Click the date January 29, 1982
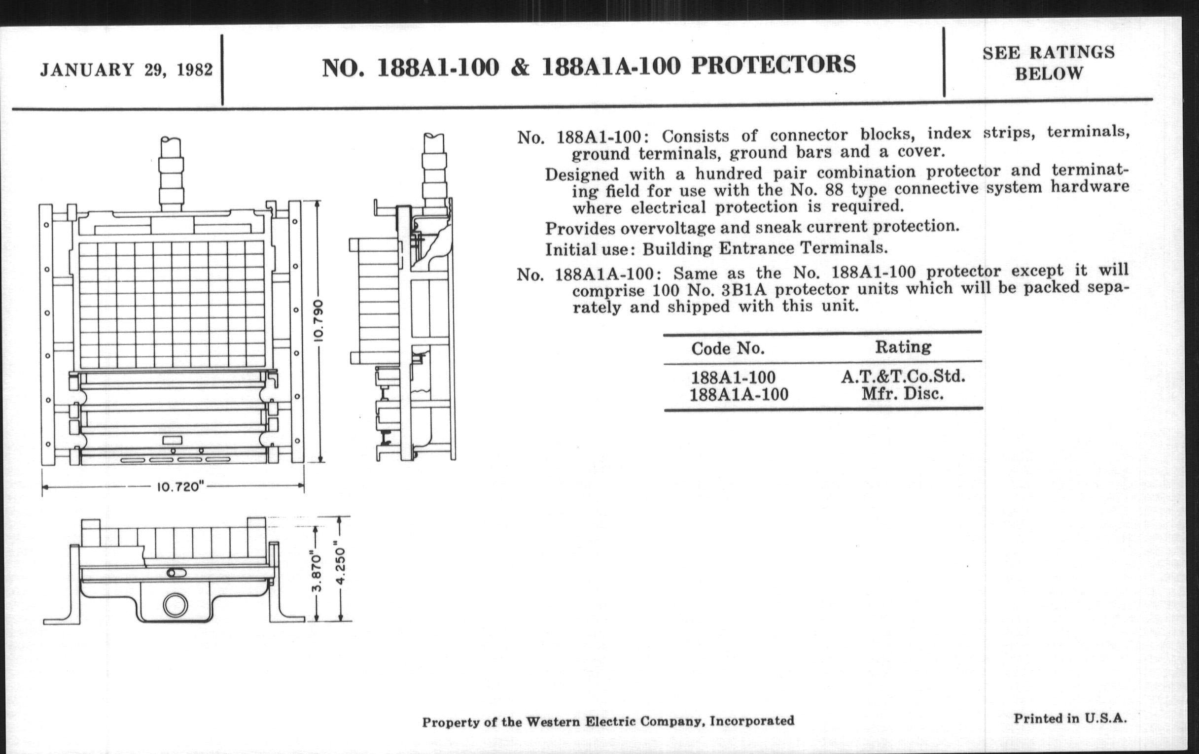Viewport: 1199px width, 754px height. tap(127, 69)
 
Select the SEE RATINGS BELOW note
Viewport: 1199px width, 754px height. tap(1049, 63)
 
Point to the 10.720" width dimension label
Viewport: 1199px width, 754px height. tap(178, 487)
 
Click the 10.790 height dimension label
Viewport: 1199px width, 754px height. tap(319, 320)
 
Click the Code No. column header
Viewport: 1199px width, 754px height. tap(728, 348)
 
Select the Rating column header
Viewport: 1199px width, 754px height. tap(903, 347)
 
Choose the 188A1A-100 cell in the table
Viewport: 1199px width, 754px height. tap(739, 395)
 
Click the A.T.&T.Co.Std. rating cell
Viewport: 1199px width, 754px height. tap(903, 377)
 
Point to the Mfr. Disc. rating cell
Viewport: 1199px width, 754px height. tap(903, 394)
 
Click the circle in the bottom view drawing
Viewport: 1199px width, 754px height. tap(176, 606)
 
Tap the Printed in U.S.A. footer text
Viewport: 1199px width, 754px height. tap(1070, 719)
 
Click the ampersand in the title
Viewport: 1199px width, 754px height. tap(520, 67)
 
